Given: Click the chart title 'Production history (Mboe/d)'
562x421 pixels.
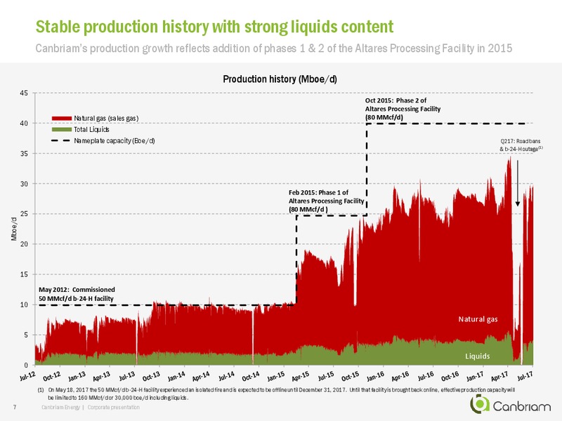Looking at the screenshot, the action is click(280, 79).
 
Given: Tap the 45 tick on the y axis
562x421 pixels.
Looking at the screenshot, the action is click(24, 93).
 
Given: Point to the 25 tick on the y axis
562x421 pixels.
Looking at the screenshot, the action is click(24, 214).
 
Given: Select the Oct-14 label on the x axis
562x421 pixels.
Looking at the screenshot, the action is click(251, 376).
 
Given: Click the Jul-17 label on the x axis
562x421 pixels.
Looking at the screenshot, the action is click(524, 376).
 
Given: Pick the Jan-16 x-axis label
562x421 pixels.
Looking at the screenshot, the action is click(375, 376).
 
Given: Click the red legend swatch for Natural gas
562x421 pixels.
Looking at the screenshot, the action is click(62, 118).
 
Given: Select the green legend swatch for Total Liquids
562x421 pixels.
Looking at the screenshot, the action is click(62, 130).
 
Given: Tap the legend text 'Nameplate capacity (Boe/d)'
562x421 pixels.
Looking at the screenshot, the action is click(115, 141).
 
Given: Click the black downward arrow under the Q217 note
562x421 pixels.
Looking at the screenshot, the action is click(518, 183).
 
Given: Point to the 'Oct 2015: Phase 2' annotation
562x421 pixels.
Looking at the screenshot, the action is click(403, 109).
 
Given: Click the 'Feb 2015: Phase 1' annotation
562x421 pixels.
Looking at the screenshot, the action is click(326, 201).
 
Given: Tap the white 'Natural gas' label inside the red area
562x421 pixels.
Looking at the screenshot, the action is click(478, 319).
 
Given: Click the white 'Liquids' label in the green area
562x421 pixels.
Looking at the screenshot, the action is click(478, 356).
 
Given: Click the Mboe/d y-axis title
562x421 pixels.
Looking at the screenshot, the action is click(14, 229).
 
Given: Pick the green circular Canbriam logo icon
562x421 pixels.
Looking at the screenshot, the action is click(480, 404).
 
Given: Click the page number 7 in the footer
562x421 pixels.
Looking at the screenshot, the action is click(15, 407).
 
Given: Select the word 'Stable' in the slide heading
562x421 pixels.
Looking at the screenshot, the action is click(58, 27).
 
